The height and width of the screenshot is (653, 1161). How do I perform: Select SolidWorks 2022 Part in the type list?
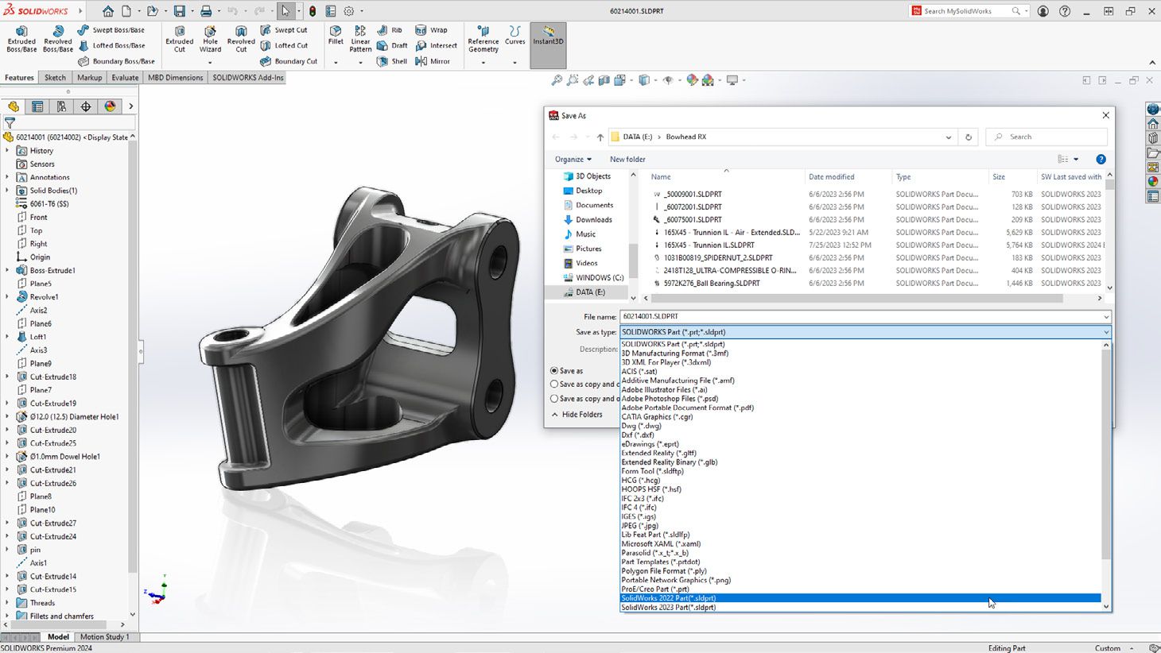point(668,598)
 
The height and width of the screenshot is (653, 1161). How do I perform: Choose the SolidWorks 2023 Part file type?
point(668,608)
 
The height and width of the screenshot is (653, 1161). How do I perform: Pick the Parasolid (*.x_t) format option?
point(654,553)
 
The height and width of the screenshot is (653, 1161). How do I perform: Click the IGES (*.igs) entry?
point(639,516)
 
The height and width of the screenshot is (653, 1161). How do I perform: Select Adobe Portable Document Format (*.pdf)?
point(687,408)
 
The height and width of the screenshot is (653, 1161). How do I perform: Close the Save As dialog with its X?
point(1105,115)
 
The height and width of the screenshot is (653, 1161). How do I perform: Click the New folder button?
point(627,159)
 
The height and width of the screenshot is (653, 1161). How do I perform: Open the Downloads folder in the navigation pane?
point(593,220)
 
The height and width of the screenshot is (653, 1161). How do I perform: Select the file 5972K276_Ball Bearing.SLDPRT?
point(712,284)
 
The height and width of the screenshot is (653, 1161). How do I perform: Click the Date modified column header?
point(831,177)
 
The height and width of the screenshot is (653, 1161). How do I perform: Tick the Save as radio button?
point(555,371)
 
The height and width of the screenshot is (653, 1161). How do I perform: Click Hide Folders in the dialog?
point(581,415)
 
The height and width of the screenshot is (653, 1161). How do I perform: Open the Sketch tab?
point(55,78)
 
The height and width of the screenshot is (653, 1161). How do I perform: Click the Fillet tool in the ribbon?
point(336,36)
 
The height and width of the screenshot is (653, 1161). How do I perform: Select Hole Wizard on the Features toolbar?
point(210,38)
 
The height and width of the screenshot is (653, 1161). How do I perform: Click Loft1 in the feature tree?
point(38,337)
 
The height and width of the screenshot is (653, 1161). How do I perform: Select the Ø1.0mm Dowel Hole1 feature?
point(64,457)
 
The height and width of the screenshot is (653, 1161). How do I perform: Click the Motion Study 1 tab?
point(104,637)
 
